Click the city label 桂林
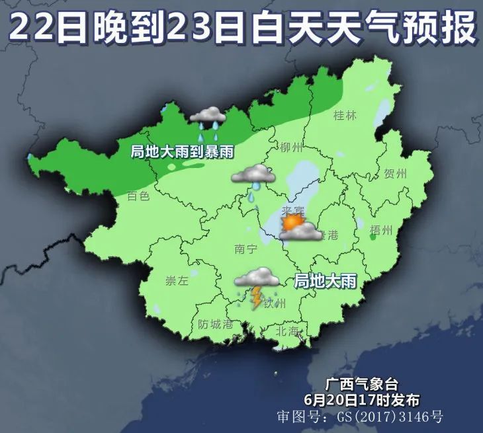pyautogui.click(x=345, y=116)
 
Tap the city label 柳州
pyautogui.click(x=291, y=147)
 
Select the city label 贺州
pyautogui.click(x=395, y=175)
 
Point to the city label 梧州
pyautogui.click(x=383, y=229)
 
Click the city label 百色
pyautogui.click(x=139, y=196)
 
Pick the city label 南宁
pyautogui.click(x=245, y=249)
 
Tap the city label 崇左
pyautogui.click(x=177, y=280)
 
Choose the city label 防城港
pyautogui.click(x=216, y=325)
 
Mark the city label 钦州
pyautogui.click(x=274, y=303)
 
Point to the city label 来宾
pyautogui.click(x=292, y=211)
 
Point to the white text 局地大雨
pyautogui.click(x=324, y=281)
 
